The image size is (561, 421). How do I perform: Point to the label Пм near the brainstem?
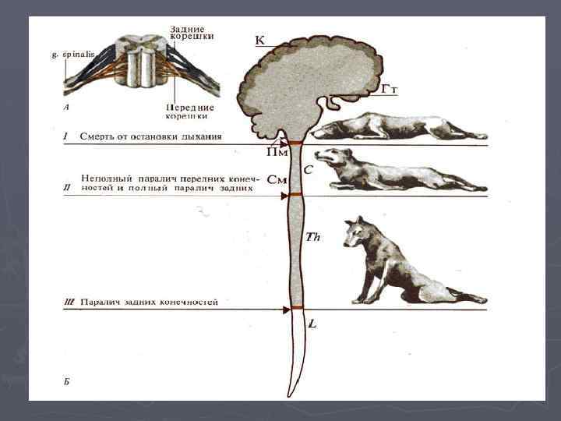(x=277, y=153)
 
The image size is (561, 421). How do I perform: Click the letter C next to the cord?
(x=309, y=168)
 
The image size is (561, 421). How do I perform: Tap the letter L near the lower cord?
(x=312, y=322)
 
